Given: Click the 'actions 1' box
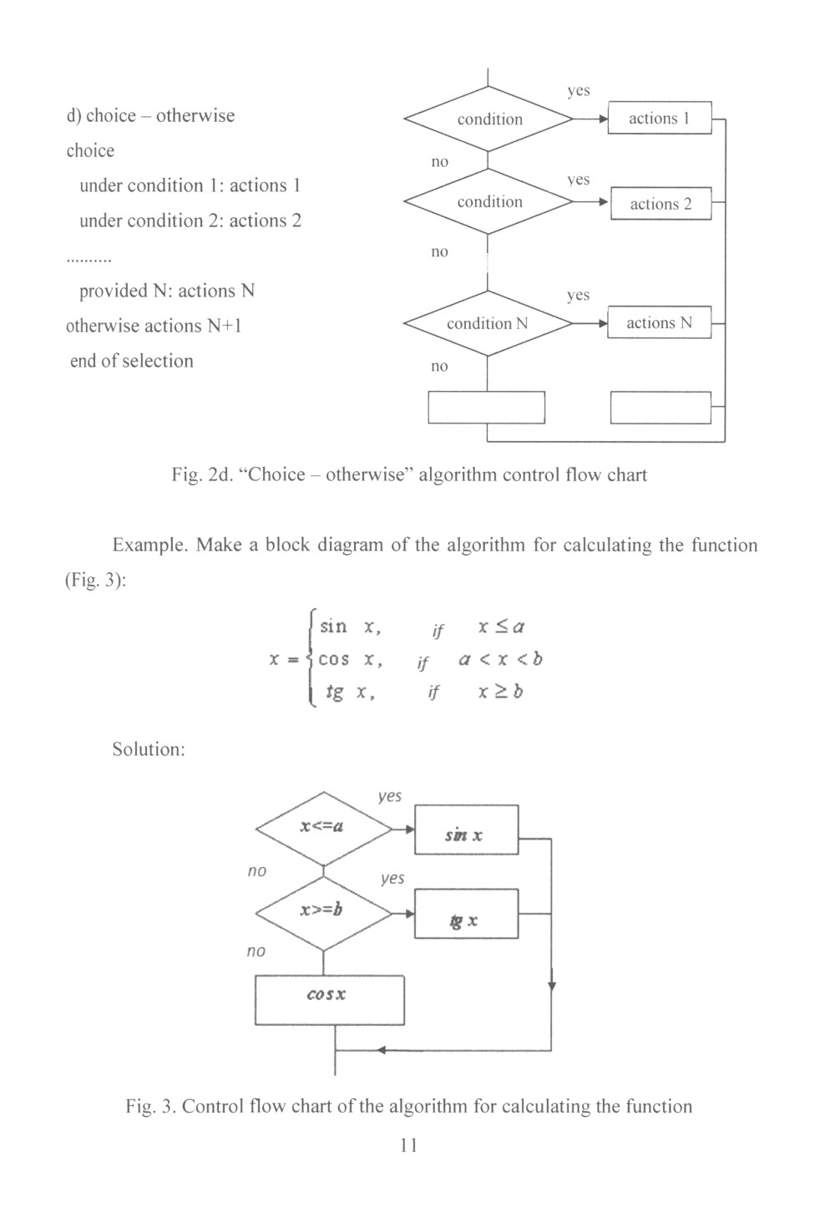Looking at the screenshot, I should click(x=659, y=118).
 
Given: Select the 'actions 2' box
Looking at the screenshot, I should click(x=660, y=204).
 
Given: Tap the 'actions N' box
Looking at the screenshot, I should click(x=659, y=323).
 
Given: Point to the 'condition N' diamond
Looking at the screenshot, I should click(x=488, y=323).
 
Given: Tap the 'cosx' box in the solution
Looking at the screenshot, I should click(x=329, y=1000).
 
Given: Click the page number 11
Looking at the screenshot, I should click(x=408, y=1145).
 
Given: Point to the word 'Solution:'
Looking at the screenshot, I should click(x=149, y=749).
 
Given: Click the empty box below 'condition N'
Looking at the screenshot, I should click(x=486, y=408).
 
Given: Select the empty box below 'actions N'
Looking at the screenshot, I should click(x=660, y=408).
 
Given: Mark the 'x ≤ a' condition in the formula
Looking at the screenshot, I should click(x=501, y=626).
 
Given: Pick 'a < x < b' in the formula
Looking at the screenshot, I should click(x=500, y=659).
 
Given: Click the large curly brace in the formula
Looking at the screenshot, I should click(x=310, y=659).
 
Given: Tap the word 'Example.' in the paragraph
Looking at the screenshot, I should click(x=149, y=545).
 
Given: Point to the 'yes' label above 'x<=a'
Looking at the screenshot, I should click(x=389, y=796).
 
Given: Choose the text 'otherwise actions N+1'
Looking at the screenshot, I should click(x=154, y=326).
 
